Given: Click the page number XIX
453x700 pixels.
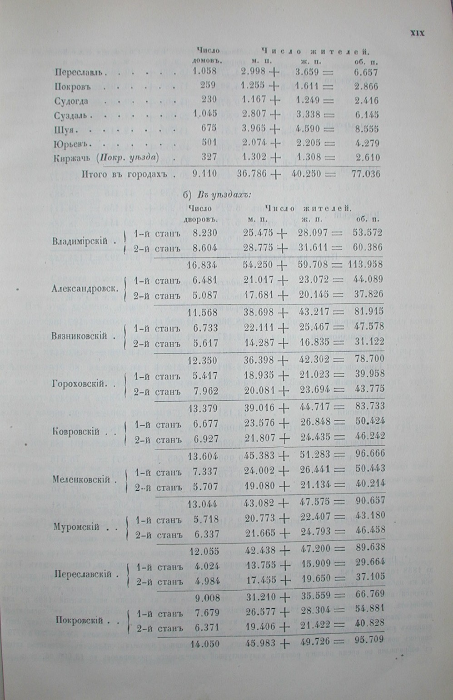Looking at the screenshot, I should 417,33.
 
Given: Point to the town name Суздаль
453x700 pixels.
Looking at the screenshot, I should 72,115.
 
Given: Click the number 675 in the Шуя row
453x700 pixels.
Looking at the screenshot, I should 209,128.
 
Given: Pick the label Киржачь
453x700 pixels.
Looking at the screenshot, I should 72,158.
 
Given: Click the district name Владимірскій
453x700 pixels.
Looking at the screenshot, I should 80,240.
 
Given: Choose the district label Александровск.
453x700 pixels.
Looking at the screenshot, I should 85,288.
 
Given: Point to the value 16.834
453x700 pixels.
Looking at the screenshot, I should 203,264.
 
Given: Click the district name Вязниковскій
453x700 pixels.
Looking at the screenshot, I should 80,336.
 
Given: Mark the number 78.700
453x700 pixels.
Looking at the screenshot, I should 369,359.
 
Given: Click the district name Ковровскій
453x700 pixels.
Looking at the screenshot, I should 76,432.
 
